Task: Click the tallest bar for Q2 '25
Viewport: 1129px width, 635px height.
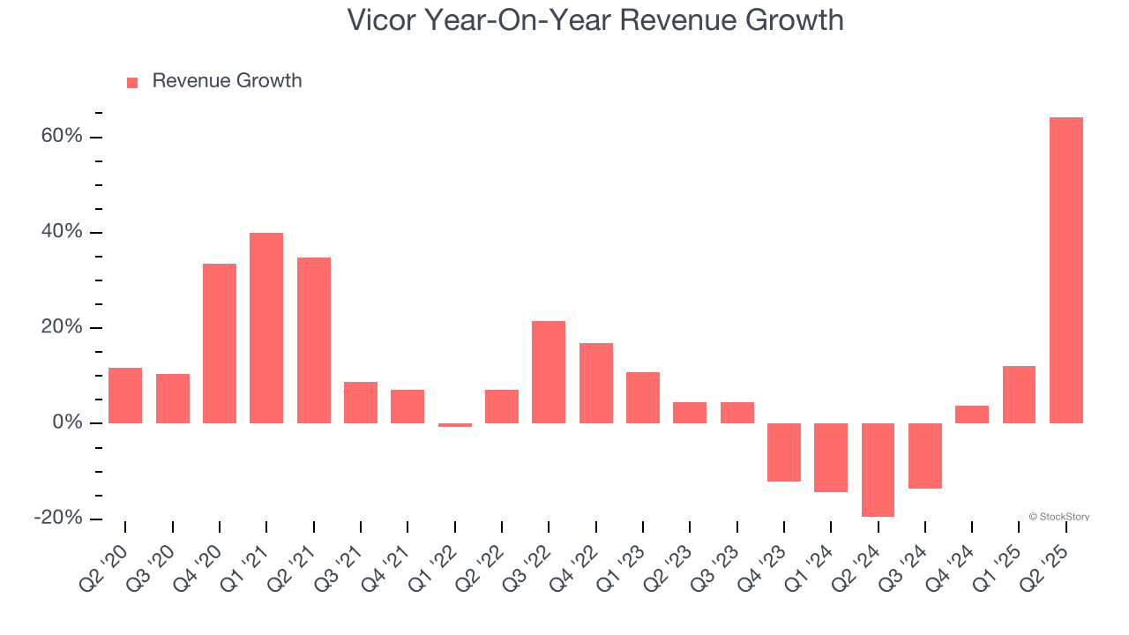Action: pos(1065,270)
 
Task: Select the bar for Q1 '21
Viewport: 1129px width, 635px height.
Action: pos(266,328)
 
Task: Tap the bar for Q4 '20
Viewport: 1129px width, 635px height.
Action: pos(220,343)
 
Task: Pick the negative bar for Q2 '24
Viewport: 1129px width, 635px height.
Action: pos(878,469)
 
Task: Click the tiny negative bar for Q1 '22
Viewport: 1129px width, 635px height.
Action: pos(455,425)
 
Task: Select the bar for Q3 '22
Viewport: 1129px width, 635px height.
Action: pos(549,372)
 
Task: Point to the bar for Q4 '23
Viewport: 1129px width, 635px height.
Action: pos(784,452)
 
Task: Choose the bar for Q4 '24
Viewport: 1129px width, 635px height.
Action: pos(972,415)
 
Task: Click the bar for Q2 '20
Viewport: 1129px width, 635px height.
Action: pos(125,395)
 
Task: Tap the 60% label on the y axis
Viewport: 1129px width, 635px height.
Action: pos(61,137)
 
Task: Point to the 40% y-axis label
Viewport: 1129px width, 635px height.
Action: pos(61,232)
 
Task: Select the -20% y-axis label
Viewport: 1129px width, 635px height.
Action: pos(58,518)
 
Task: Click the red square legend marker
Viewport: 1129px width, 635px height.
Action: pos(132,83)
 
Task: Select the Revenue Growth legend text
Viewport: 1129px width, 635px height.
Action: pos(227,81)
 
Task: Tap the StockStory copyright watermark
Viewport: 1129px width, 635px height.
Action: pos(1058,517)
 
